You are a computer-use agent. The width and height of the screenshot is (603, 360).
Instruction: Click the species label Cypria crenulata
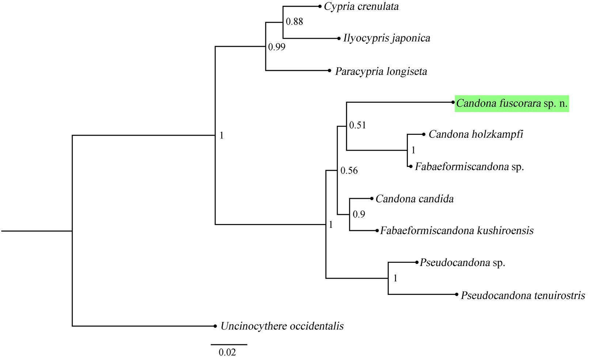[x=361, y=7]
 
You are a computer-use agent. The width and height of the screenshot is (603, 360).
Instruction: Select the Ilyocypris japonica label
[x=387, y=38]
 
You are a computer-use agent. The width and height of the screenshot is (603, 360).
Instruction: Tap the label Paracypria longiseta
[x=381, y=71]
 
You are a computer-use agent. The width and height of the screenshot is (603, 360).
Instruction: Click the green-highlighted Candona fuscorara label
[x=512, y=103]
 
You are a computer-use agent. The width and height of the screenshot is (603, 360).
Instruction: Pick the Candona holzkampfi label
[x=476, y=134]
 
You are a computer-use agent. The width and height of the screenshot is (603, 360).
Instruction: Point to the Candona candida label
[x=414, y=199]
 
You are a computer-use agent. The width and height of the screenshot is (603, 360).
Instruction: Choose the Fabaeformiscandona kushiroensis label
[x=457, y=231]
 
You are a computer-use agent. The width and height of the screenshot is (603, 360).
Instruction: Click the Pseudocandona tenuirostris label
[x=523, y=295]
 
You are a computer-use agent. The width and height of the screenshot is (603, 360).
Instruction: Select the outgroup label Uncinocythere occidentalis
[x=282, y=326]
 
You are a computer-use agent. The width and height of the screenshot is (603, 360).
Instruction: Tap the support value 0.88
[x=295, y=22]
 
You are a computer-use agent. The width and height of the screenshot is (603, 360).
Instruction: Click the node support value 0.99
[x=277, y=47]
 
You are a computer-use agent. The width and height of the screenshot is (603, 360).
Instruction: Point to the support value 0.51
[x=357, y=125]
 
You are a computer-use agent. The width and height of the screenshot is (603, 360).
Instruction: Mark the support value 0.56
[x=349, y=171]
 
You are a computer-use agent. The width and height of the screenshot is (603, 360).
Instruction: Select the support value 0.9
[x=359, y=214]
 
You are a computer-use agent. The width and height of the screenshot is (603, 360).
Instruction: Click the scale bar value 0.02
[x=227, y=352]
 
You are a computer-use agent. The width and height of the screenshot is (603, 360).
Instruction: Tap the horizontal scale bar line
[x=229, y=344]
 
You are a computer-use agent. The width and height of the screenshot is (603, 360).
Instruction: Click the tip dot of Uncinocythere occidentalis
[x=215, y=326]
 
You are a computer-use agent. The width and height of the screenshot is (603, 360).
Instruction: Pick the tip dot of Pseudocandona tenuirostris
[x=456, y=294]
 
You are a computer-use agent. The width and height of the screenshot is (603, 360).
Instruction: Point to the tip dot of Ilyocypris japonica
[x=339, y=38]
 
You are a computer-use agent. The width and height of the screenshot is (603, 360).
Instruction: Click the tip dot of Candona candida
[x=372, y=198]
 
